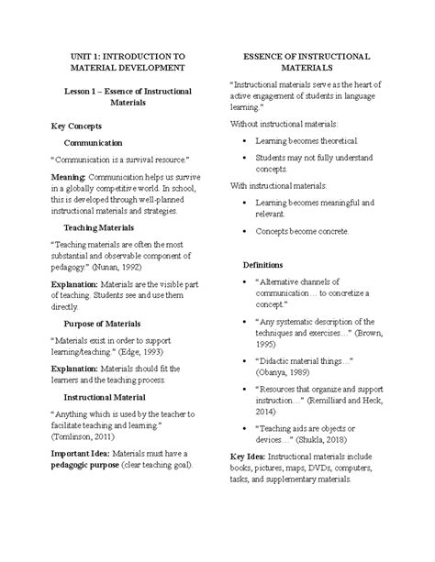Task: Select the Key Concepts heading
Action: [x=78, y=125]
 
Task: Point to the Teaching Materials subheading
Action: [x=99, y=227]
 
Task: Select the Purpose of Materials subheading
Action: [x=103, y=324]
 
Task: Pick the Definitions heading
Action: [x=262, y=264]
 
